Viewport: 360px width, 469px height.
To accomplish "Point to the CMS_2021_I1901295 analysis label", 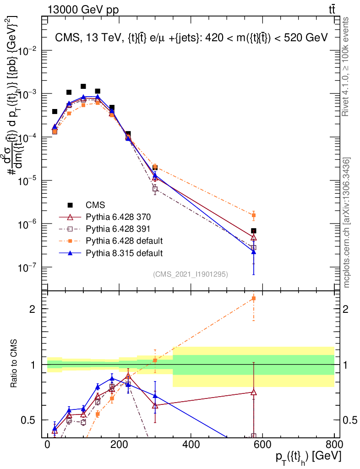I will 190,274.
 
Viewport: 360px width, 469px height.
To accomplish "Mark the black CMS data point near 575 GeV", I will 254,231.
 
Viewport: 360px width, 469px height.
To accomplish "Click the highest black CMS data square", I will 83,86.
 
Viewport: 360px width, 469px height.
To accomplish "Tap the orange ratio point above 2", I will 254,299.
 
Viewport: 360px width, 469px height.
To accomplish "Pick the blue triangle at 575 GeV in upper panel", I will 254,252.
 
